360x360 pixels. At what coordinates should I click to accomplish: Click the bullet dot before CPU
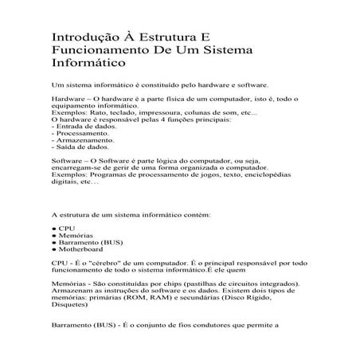coord(53,229)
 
